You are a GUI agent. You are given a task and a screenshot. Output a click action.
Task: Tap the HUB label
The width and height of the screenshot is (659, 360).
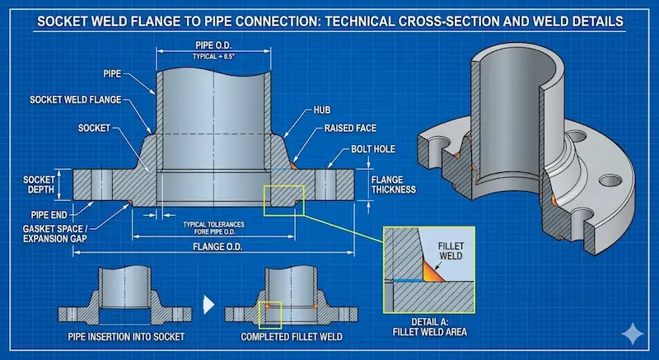pyautogui.click(x=323, y=109)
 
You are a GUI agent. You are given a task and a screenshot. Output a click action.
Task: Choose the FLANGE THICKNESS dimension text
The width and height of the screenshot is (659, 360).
pyautogui.click(x=393, y=184)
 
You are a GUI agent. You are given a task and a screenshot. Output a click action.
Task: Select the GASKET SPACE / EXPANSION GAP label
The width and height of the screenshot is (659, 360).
pyautogui.click(x=49, y=231)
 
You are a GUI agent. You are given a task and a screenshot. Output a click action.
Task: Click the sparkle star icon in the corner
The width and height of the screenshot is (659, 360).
pyautogui.click(x=634, y=334)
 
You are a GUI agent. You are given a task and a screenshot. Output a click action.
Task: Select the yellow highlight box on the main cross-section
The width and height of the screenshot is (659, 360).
pyautogui.click(x=283, y=200)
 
